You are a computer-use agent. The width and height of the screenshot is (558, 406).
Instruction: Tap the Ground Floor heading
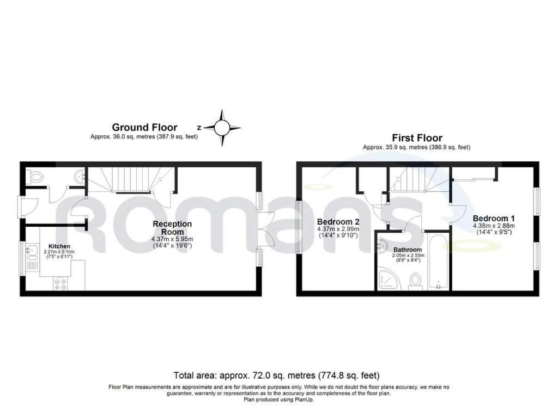coord(144,127)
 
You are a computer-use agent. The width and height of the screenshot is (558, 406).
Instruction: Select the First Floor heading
coord(417,138)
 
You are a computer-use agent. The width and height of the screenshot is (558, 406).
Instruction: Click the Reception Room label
coord(172,228)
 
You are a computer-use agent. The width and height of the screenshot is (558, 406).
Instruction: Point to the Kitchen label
coord(59,246)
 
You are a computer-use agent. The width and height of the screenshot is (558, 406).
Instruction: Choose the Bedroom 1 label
coord(494,218)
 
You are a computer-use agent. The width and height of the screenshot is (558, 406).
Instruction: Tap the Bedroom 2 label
coord(338,221)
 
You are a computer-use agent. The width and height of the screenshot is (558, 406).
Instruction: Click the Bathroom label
coord(408,250)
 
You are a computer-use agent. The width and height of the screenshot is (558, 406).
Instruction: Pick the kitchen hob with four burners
coord(60,283)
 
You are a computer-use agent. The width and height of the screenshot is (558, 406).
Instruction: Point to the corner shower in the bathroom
coord(387,280)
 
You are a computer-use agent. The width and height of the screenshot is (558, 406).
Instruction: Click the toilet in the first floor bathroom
coord(415,280)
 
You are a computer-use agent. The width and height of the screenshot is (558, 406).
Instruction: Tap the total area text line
coord(276,375)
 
